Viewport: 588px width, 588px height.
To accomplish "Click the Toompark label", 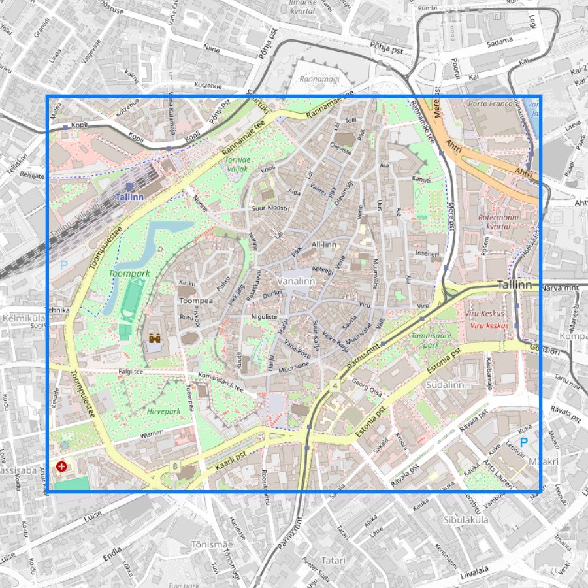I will pos(129,274).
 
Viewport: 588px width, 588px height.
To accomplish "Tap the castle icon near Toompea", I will pos(155,338).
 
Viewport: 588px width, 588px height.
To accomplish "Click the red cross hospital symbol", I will pos(62,466).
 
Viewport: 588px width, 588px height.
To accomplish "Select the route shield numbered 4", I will pos(335,385).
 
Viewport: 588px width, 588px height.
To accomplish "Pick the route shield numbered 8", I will pos(175,466).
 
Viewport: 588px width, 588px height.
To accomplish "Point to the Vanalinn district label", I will pos(296,281).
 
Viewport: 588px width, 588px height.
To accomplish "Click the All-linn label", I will pos(323,244).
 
